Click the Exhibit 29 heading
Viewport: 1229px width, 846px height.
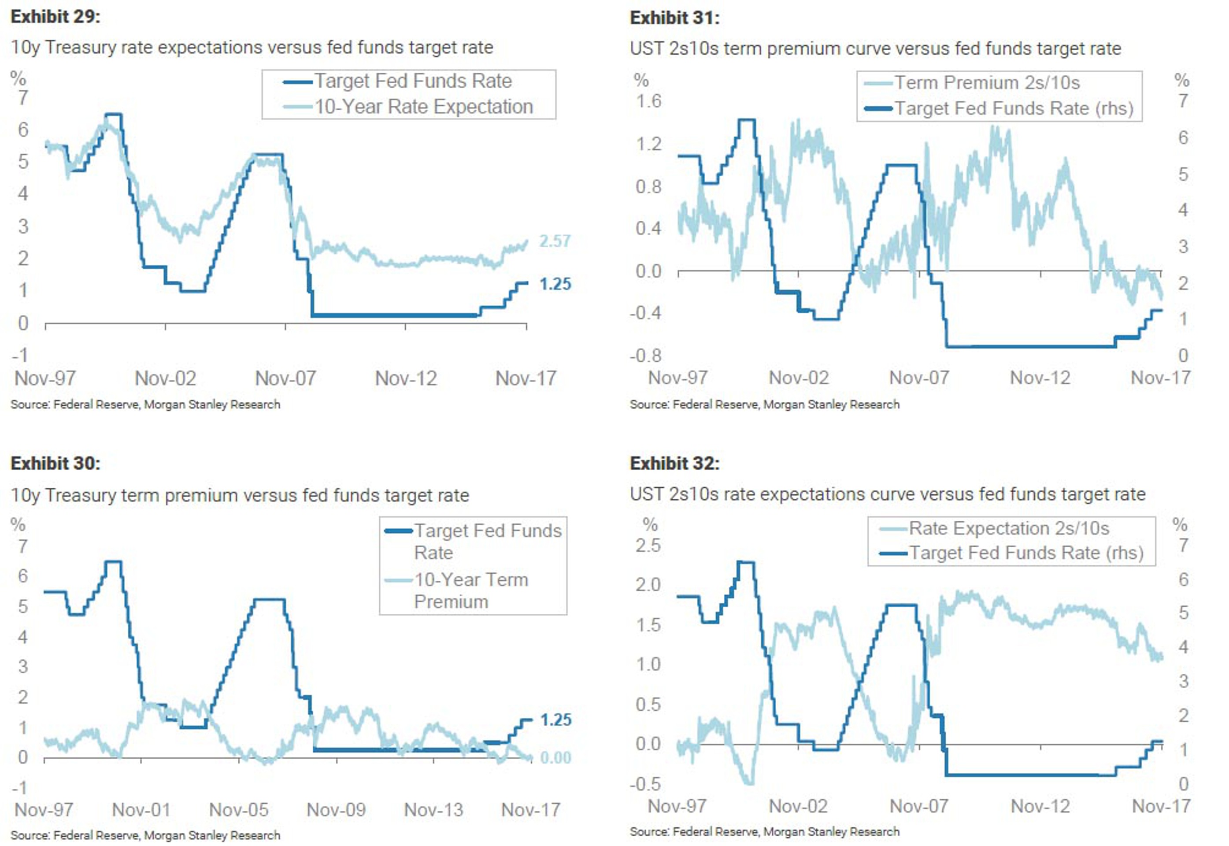55,16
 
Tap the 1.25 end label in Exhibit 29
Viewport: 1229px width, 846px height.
555,284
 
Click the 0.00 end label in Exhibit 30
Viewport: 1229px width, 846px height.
555,758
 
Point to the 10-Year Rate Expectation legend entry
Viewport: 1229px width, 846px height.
423,107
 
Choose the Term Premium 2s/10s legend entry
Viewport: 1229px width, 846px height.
987,83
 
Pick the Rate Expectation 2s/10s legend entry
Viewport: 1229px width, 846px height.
1009,528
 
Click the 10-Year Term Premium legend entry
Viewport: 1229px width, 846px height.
470,590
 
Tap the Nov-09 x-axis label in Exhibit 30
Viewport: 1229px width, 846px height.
336,809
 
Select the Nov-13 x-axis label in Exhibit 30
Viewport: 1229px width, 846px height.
433,809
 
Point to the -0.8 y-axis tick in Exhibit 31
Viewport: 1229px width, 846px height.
645,355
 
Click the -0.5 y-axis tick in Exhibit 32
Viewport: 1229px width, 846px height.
645,783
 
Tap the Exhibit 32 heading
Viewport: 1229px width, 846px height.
674,463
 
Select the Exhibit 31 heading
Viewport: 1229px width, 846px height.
674,18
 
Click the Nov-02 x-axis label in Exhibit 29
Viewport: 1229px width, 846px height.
165,378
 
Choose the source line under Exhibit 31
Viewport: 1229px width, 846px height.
764,404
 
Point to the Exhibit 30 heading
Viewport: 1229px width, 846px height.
55,463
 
